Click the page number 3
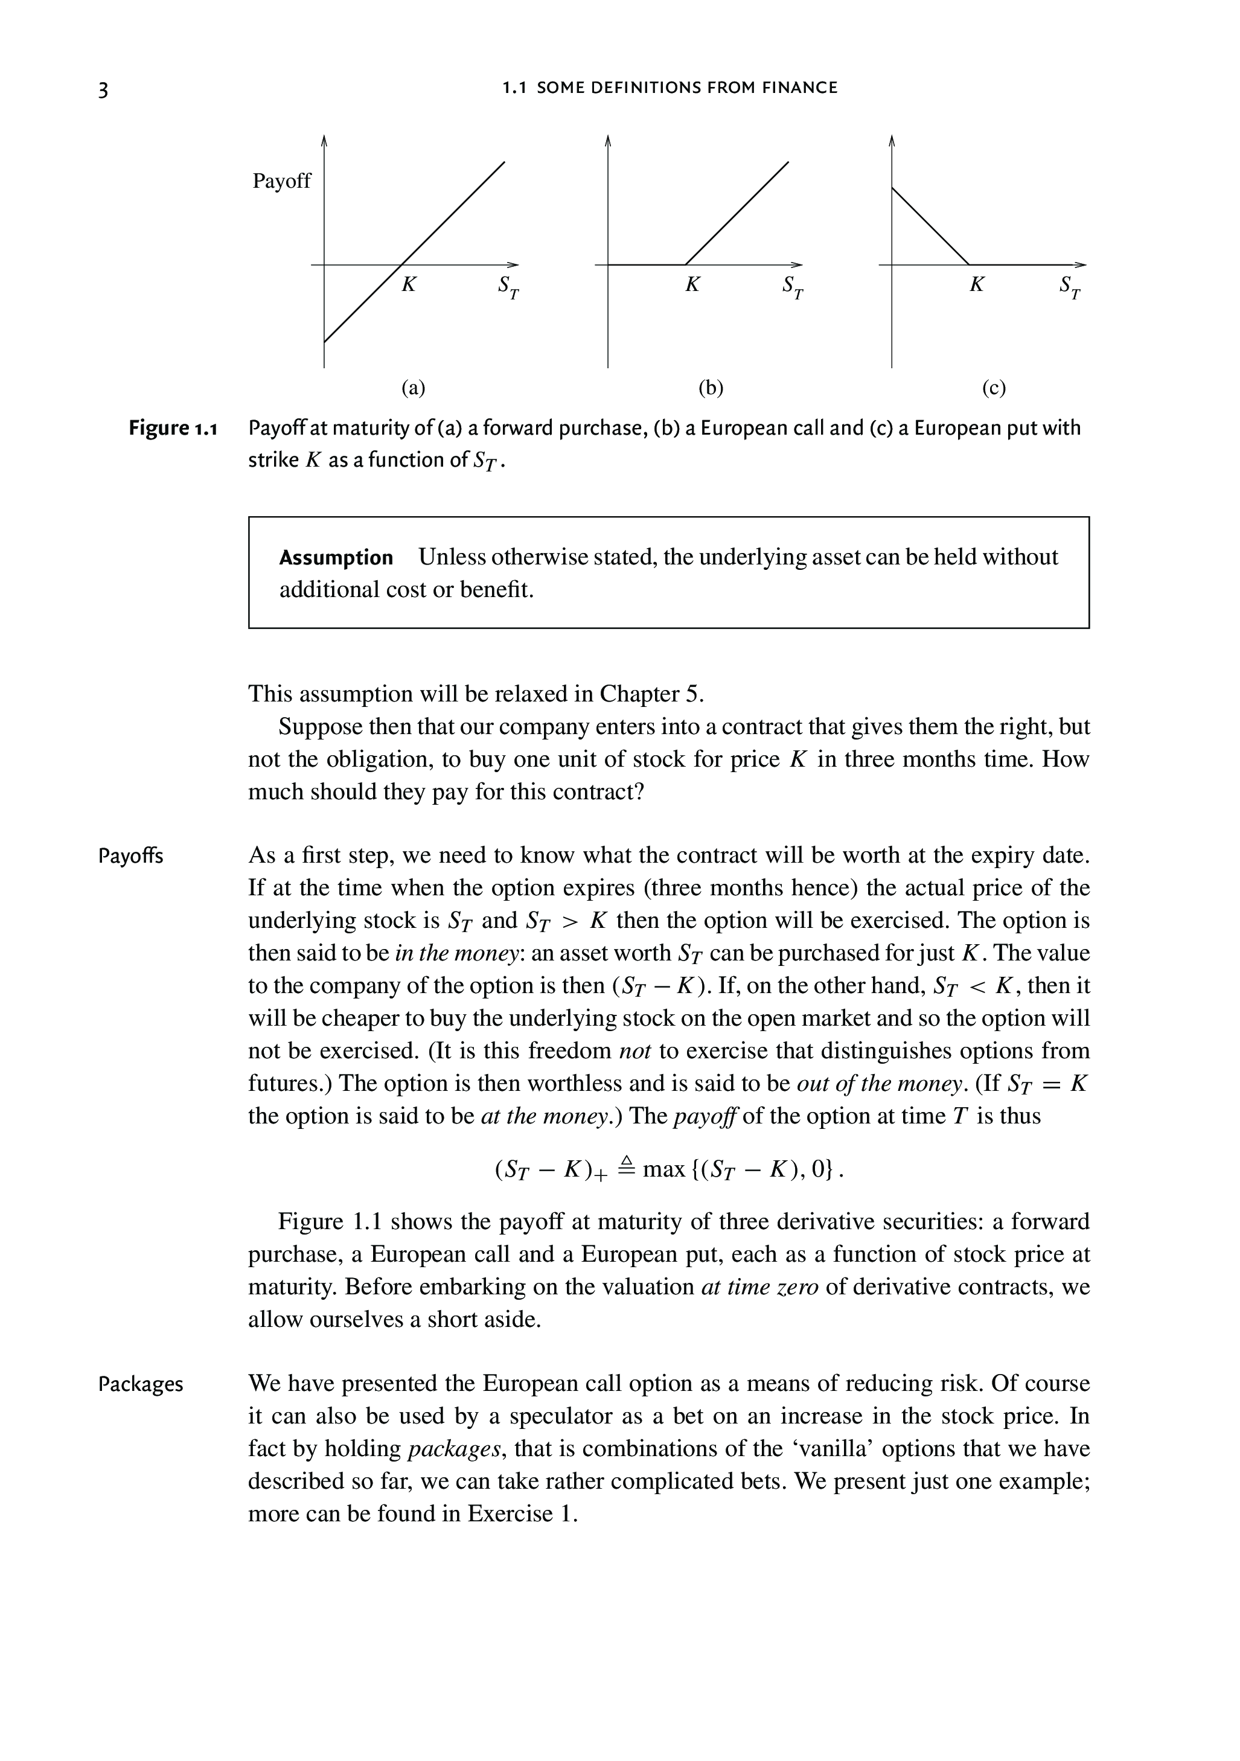[x=103, y=90]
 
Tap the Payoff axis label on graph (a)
[x=282, y=181]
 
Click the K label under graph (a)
[x=409, y=284]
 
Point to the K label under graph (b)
[x=692, y=284]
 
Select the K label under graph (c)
[x=976, y=284]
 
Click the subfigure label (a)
[x=414, y=388]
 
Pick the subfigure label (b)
[x=711, y=388]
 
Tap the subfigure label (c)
[x=994, y=388]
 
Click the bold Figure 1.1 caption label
[x=173, y=428]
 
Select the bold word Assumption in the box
[x=336, y=558]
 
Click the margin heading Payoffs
[x=130, y=856]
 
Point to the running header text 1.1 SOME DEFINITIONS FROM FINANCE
[x=670, y=88]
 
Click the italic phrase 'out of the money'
[x=880, y=1084]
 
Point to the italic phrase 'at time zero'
[x=760, y=1287]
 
